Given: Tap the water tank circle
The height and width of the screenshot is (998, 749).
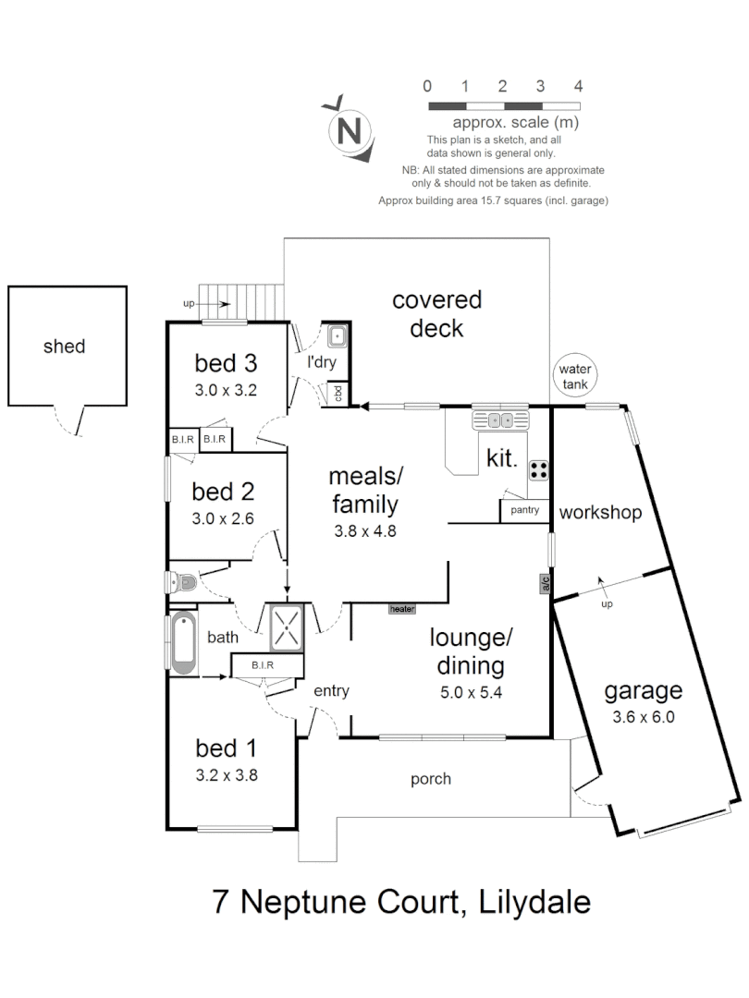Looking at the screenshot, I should (574, 376).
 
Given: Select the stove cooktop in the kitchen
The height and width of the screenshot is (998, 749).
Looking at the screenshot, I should (538, 469).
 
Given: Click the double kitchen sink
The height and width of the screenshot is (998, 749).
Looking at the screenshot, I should (502, 420).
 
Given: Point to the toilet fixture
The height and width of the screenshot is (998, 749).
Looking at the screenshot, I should (182, 582).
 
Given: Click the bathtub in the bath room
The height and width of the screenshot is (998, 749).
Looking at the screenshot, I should (183, 643).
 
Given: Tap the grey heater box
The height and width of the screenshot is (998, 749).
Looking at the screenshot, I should (401, 609).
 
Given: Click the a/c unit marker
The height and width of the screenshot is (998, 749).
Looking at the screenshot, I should (546, 583).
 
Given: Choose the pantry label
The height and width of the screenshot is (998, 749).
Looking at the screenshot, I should (524, 510).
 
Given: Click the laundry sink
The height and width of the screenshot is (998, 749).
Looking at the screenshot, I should (336, 335).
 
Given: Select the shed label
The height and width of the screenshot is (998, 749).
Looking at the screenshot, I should (65, 347).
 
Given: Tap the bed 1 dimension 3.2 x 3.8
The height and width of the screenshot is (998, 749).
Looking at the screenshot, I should (226, 775).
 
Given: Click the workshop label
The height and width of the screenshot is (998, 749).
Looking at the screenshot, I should (600, 512).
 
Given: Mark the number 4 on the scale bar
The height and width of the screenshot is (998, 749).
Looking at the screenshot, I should (578, 86).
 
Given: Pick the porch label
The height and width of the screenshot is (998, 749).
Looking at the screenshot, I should (431, 779).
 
